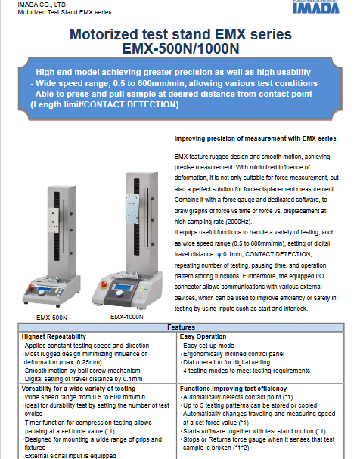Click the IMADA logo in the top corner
(316, 7)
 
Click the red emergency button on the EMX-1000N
(104, 284)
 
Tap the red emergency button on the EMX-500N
(31, 287)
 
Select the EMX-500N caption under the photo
(51, 318)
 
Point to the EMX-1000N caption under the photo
(127, 317)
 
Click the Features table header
(181, 327)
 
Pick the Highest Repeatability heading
(54, 336)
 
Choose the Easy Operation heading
(203, 336)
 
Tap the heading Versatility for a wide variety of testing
(79, 389)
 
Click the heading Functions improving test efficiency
(233, 389)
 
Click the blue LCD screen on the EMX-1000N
(123, 287)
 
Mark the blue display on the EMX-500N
(44, 289)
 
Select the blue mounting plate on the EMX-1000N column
(132, 209)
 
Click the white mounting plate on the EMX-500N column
(53, 220)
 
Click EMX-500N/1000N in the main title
(181, 48)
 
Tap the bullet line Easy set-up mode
(209, 346)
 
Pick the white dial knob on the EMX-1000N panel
(119, 293)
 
